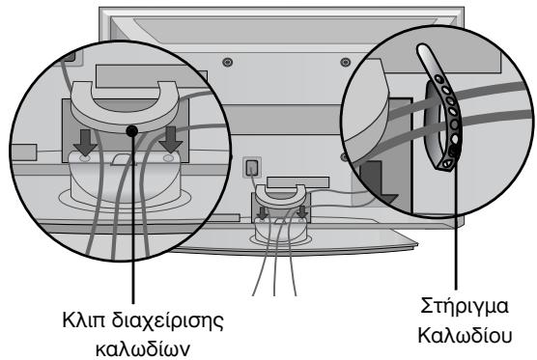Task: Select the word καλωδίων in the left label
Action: [128, 343]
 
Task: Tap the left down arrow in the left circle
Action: [88, 144]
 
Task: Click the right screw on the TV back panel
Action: [343, 63]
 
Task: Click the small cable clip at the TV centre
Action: [281, 193]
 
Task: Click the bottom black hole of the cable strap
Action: [452, 152]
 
